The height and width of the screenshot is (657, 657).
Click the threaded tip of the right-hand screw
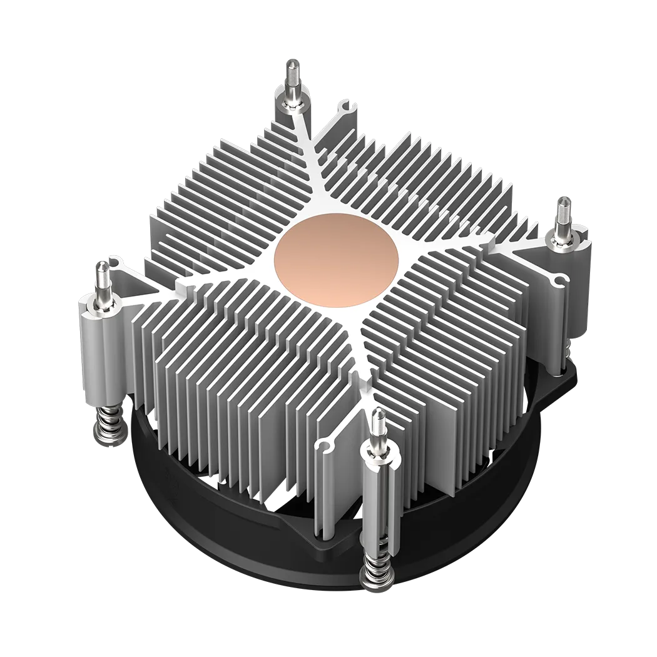(x=563, y=211)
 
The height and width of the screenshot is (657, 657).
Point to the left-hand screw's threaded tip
(x=101, y=275)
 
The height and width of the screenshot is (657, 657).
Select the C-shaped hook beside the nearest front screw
(x=323, y=446)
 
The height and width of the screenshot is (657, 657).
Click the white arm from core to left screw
(x=206, y=285)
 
